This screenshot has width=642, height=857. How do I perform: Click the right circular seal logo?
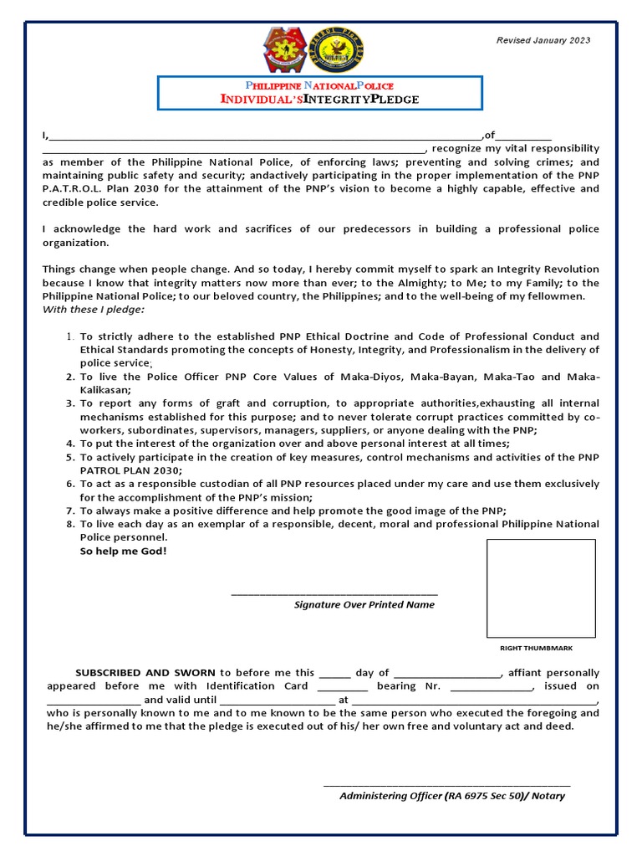pyautogui.click(x=343, y=50)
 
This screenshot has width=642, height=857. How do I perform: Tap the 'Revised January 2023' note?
pyautogui.click(x=543, y=40)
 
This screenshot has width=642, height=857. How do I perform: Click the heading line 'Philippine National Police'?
pyautogui.click(x=318, y=86)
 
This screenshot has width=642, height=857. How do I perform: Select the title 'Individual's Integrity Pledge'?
pyautogui.click(x=319, y=100)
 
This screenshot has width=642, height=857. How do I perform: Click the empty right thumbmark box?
pyautogui.click(x=541, y=588)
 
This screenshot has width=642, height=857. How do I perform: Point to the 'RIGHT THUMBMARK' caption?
pyautogui.click(x=536, y=649)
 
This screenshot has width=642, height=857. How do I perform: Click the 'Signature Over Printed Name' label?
pyautogui.click(x=364, y=604)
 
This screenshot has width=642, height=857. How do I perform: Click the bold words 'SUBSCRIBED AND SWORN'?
pyautogui.click(x=146, y=673)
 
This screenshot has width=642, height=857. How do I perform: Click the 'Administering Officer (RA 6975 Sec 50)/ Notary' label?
pyautogui.click(x=451, y=796)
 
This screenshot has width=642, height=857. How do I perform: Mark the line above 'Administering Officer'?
pyautogui.click(x=446, y=785)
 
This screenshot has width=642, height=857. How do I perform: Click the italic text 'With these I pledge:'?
pyautogui.click(x=93, y=310)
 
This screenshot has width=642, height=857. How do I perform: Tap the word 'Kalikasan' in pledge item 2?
pyautogui.click(x=105, y=390)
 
